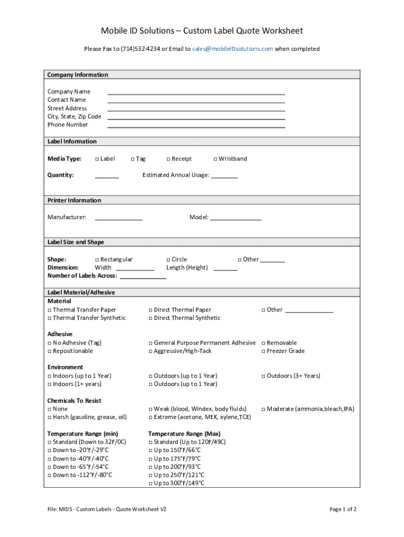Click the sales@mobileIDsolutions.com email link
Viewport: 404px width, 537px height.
232,49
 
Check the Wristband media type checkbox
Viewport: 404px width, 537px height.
215,159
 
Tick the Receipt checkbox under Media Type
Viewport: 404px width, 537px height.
168,159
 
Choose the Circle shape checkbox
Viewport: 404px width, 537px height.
168,260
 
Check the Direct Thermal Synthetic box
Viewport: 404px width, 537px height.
151,318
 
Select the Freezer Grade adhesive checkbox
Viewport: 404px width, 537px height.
263,351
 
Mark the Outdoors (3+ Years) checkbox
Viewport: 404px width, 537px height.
263,376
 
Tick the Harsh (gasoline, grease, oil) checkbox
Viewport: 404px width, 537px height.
50,417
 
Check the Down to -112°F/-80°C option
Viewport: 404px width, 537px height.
50,475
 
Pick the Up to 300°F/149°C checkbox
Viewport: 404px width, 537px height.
151,484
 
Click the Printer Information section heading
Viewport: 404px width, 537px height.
75,200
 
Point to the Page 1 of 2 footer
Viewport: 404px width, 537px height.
343,509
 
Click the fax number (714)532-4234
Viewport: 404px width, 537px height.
140,49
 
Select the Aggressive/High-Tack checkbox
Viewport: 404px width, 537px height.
151,351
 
